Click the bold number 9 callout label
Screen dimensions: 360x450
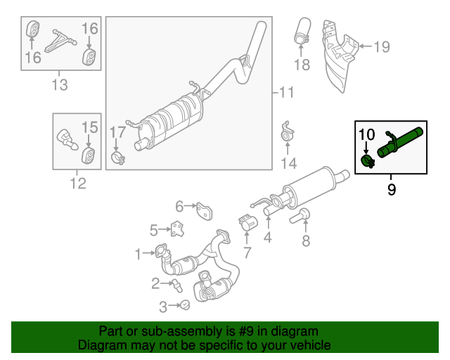tap(392, 188)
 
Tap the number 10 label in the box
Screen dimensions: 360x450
tap(366, 134)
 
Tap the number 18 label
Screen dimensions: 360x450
tap(302, 65)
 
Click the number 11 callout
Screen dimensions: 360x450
tap(285, 92)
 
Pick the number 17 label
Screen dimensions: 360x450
tap(117, 131)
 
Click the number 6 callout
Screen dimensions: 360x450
tap(179, 206)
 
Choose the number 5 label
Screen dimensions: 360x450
tap(154, 229)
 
